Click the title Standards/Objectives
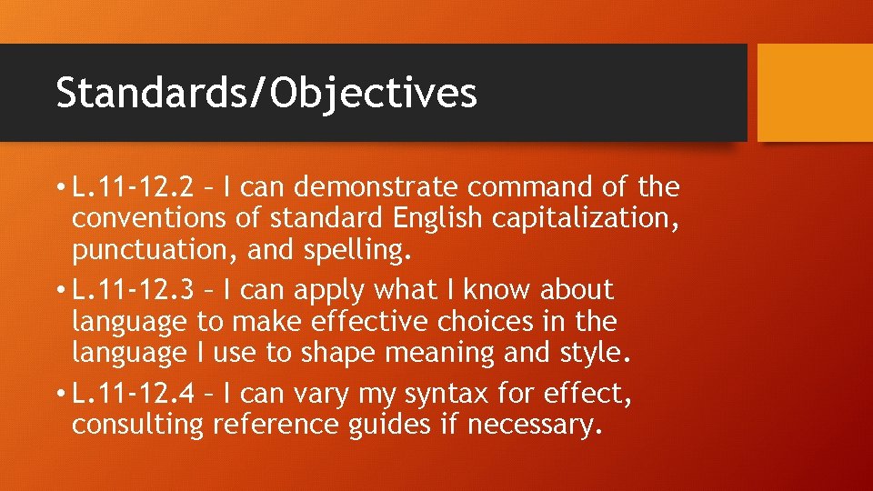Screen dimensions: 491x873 pos(266,93)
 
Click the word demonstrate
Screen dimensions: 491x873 pos(376,187)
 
